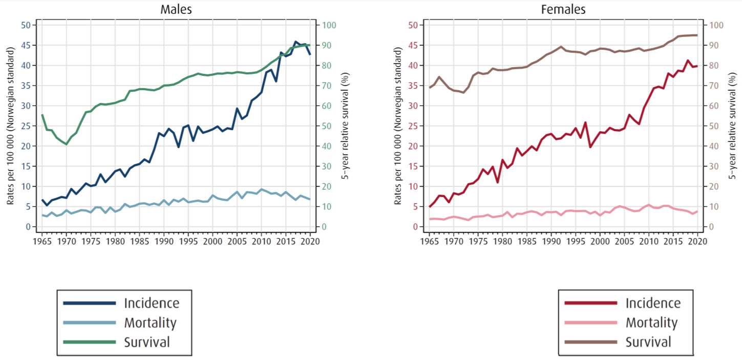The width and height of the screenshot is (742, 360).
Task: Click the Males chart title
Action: [x=176, y=9]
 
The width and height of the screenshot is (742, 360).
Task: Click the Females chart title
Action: [x=563, y=9]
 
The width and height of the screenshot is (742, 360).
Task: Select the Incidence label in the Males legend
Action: [x=152, y=303]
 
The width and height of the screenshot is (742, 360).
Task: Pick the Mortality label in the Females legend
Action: [x=651, y=323]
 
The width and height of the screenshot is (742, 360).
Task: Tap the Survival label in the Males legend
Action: [x=146, y=342]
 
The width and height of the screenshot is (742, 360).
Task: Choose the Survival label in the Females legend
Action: [x=648, y=342]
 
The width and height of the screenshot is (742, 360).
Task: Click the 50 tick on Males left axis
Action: [x=26, y=25]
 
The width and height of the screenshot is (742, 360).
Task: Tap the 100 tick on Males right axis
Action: [x=328, y=25]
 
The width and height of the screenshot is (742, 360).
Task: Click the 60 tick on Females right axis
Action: [x=714, y=106]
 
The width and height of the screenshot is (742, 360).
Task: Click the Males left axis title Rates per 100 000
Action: [x=9, y=126]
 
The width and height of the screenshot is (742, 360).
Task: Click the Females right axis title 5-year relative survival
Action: [x=733, y=126]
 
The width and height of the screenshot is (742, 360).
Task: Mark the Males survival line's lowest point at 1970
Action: [x=66, y=144]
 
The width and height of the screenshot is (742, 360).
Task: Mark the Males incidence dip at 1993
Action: [x=178, y=147]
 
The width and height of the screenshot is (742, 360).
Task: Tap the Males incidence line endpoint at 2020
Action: [x=309, y=54]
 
